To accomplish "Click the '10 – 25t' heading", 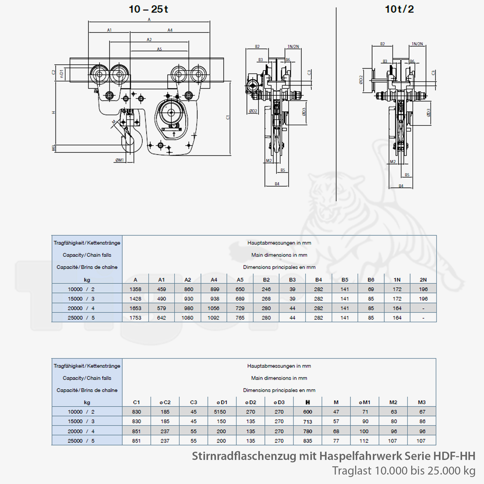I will point(148,9).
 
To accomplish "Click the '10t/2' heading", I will point(399,9).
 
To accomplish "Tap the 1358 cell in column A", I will point(136,289).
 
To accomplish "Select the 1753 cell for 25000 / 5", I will point(136,318).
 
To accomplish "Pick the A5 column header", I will point(240,280).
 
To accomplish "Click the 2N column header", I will point(423,280).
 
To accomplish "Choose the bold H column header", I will point(308,402).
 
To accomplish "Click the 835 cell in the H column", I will point(308,441).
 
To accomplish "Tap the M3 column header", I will point(422,402).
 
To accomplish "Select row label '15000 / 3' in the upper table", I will point(81,299).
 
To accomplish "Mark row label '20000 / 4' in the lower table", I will point(81,431).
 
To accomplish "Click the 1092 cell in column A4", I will point(214,318).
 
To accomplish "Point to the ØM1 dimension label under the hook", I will point(120,160).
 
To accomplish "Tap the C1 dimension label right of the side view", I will point(228,117).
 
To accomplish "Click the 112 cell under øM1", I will point(364,441).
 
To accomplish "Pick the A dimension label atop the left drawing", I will point(149,20).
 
